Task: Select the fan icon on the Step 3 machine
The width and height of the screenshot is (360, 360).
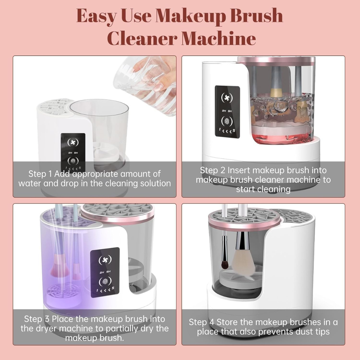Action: tap(105, 259)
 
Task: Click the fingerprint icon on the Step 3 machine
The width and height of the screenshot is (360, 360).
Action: tap(105, 282)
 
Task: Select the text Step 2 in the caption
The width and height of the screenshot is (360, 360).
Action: tap(212, 170)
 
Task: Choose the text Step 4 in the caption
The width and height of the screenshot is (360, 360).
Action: tap(201, 322)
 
